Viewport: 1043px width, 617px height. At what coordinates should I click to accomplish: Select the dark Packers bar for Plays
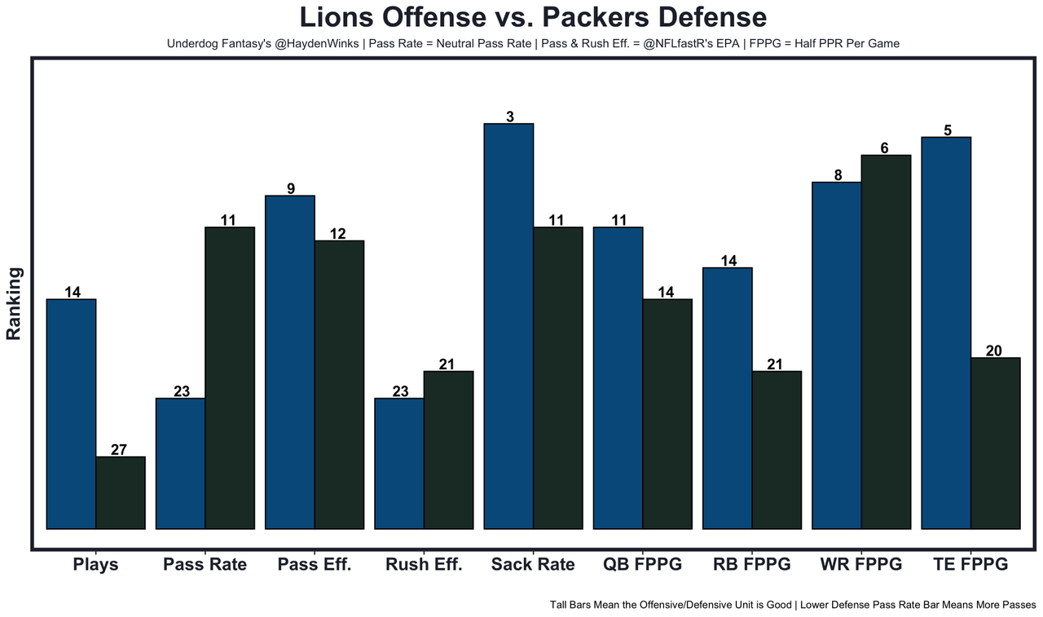click(121, 492)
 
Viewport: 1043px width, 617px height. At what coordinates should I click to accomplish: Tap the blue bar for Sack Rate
click(508, 326)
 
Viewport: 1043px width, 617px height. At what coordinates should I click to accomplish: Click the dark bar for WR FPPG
click(886, 342)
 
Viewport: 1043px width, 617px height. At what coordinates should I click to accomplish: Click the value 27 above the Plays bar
click(120, 449)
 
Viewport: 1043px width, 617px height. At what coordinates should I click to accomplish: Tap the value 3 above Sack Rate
click(509, 117)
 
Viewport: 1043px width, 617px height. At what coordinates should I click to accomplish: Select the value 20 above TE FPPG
click(994, 350)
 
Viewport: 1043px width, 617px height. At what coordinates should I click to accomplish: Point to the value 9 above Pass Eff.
click(290, 188)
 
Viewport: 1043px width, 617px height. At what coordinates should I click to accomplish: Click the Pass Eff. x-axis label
click(315, 564)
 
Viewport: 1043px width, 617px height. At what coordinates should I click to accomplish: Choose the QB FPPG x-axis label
click(642, 564)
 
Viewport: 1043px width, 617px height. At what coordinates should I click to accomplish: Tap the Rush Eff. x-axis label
click(424, 564)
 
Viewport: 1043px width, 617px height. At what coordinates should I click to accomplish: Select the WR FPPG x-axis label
click(861, 564)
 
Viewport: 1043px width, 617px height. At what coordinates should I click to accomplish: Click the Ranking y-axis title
click(14, 302)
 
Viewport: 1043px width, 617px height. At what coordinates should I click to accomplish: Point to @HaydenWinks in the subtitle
click(315, 43)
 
